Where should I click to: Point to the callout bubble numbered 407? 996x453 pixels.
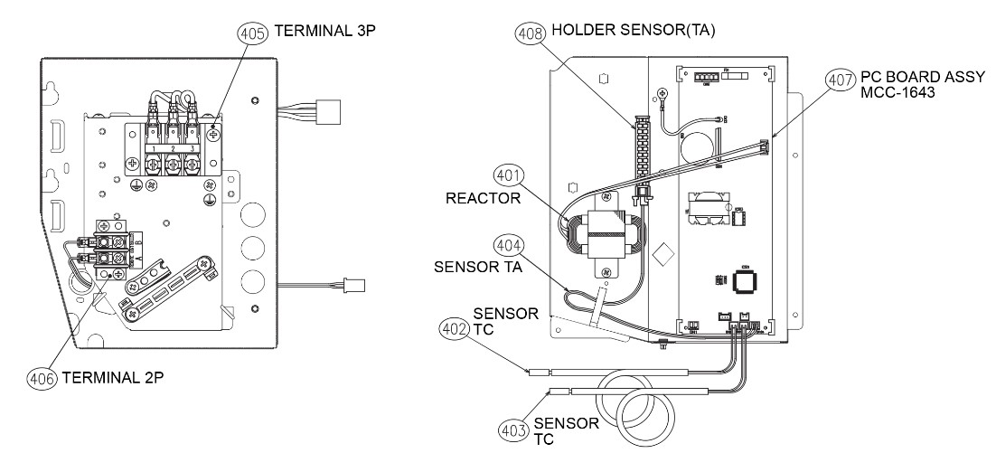(839, 80)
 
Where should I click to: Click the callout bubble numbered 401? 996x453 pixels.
(508, 175)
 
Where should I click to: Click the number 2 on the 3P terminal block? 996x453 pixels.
(172, 146)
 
